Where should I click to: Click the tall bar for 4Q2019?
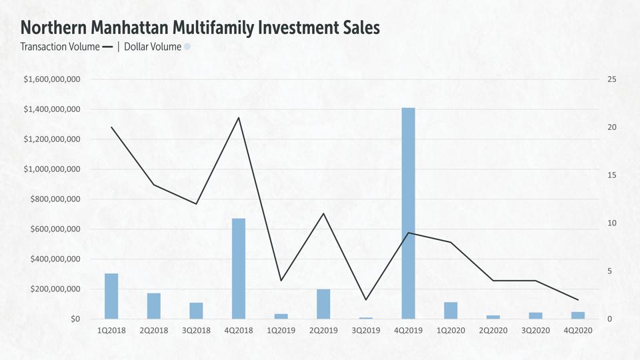pyautogui.click(x=408, y=213)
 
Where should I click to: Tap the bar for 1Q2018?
pyautogui.click(x=111, y=296)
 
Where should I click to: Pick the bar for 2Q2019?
pyautogui.click(x=323, y=304)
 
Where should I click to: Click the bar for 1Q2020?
pyautogui.click(x=451, y=311)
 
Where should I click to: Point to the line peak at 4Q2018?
pyautogui.click(x=239, y=118)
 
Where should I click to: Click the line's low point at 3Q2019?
pyautogui.click(x=366, y=300)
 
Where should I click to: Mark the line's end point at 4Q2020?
pyautogui.click(x=578, y=300)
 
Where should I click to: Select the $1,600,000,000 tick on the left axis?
pyautogui.click(x=52, y=79)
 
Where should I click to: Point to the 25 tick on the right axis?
pyautogui.click(x=611, y=79)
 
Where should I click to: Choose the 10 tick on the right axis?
pyautogui.click(x=611, y=223)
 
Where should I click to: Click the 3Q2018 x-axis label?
pyautogui.click(x=196, y=330)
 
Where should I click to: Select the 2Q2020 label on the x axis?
pyautogui.click(x=493, y=330)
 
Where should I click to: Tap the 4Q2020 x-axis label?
pyautogui.click(x=578, y=330)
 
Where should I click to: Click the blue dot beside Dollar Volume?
pyautogui.click(x=187, y=47)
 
